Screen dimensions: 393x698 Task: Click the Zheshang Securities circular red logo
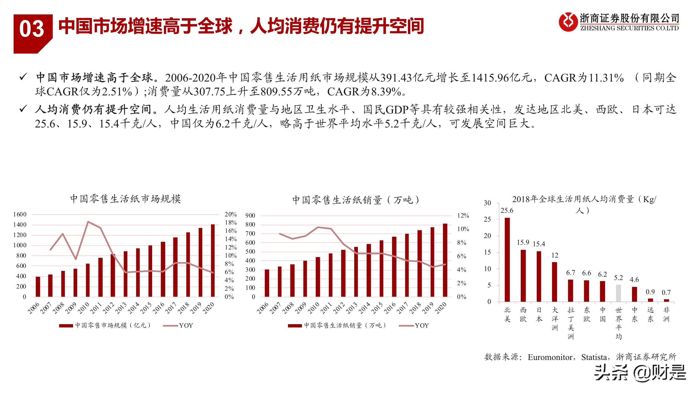coord(568,22)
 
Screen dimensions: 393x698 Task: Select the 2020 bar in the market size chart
coord(213,260)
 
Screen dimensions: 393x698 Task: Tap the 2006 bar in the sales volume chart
coord(267,283)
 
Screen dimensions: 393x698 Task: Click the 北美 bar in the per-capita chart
coord(507,260)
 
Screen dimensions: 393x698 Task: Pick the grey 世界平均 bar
coord(618,293)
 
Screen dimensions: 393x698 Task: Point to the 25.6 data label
coord(507,211)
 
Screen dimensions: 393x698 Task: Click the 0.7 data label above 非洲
coord(666,292)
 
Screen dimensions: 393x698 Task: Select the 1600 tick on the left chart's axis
coord(20,214)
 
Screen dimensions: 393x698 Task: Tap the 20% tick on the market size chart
coord(230,214)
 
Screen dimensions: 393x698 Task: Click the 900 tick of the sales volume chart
coord(250,216)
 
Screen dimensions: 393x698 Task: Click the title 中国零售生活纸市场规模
coord(125,199)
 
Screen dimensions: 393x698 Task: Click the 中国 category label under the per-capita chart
coord(602,314)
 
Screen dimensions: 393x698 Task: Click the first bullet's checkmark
coord(23,77)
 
